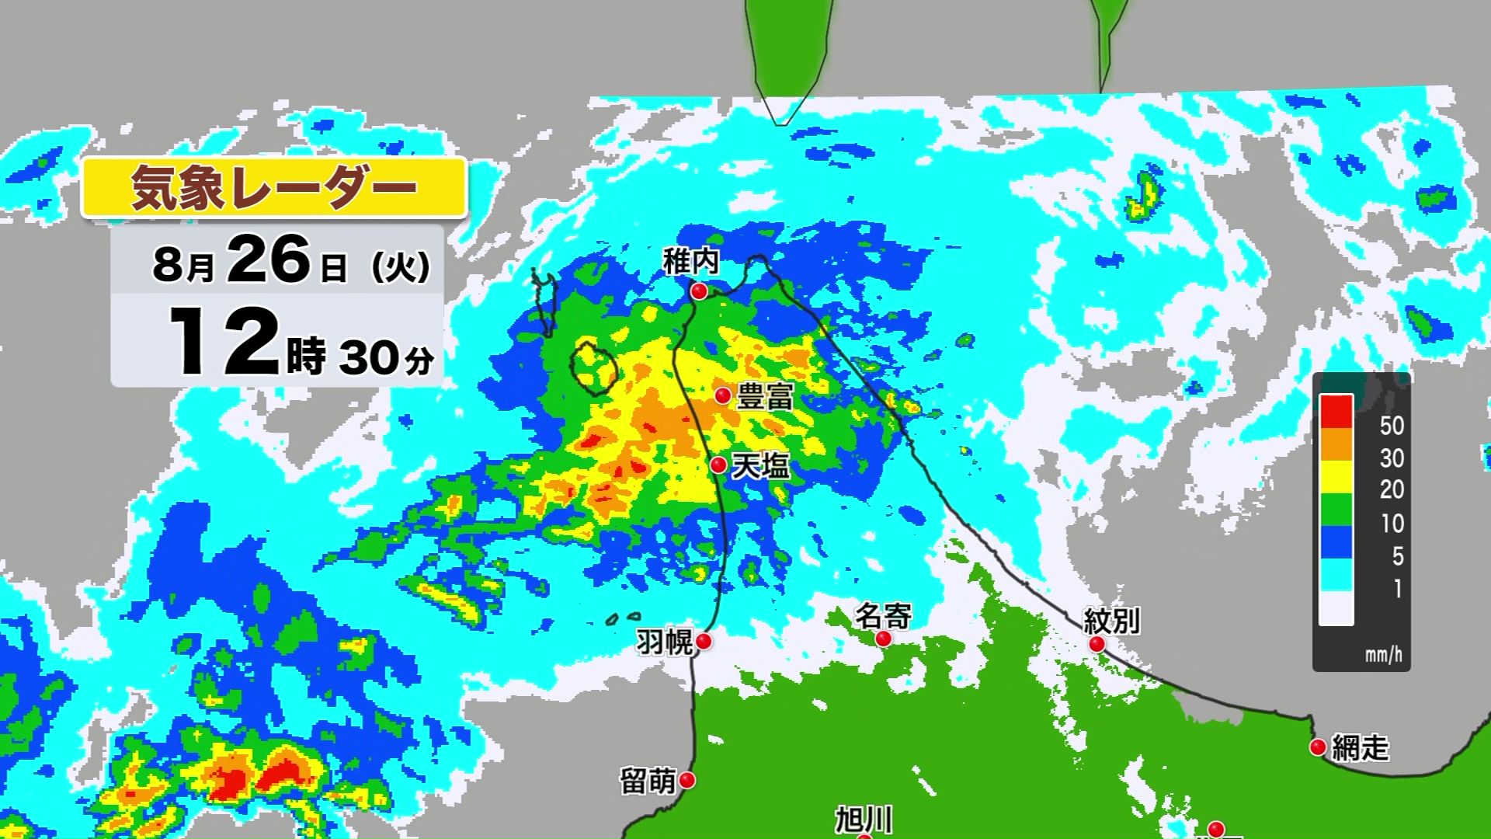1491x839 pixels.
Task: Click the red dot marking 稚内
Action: click(700, 291)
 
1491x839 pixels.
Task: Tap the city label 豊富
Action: click(765, 397)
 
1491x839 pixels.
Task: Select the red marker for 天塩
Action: click(719, 465)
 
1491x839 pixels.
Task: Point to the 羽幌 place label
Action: click(664, 642)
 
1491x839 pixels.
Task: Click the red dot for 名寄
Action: click(884, 639)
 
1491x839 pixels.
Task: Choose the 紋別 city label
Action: click(1112, 621)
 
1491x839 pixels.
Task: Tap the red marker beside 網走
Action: click(1318, 747)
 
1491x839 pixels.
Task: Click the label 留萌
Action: click(648, 781)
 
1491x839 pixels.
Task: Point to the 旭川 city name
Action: click(864, 820)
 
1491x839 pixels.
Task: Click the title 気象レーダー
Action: click(274, 188)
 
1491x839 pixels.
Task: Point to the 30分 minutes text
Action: click(386, 358)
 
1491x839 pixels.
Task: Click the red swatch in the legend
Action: click(1336, 412)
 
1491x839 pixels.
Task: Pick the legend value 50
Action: click(1392, 426)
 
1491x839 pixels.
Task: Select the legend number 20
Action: click(1392, 489)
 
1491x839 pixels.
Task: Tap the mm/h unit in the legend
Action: click(1384, 655)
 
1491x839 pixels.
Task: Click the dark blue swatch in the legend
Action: click(1336, 542)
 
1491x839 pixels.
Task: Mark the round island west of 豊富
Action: click(594, 367)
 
